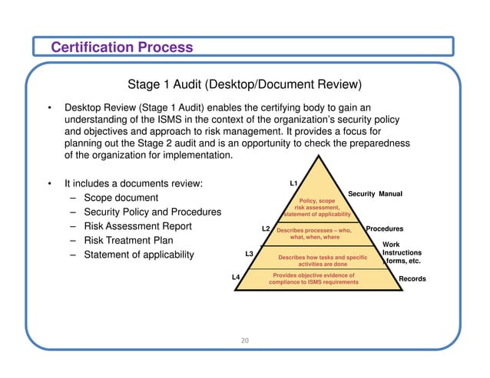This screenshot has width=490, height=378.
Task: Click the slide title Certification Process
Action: point(121,48)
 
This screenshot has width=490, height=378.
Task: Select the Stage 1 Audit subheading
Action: point(244,84)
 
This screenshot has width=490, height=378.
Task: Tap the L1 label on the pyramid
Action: point(293,184)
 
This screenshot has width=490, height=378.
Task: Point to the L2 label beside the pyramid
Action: point(266,228)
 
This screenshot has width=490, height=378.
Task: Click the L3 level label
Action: point(249,253)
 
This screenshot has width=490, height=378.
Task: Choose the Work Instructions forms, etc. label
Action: point(402,253)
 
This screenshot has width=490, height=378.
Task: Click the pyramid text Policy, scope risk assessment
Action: point(316,207)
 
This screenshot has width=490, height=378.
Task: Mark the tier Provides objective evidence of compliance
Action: point(313,278)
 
